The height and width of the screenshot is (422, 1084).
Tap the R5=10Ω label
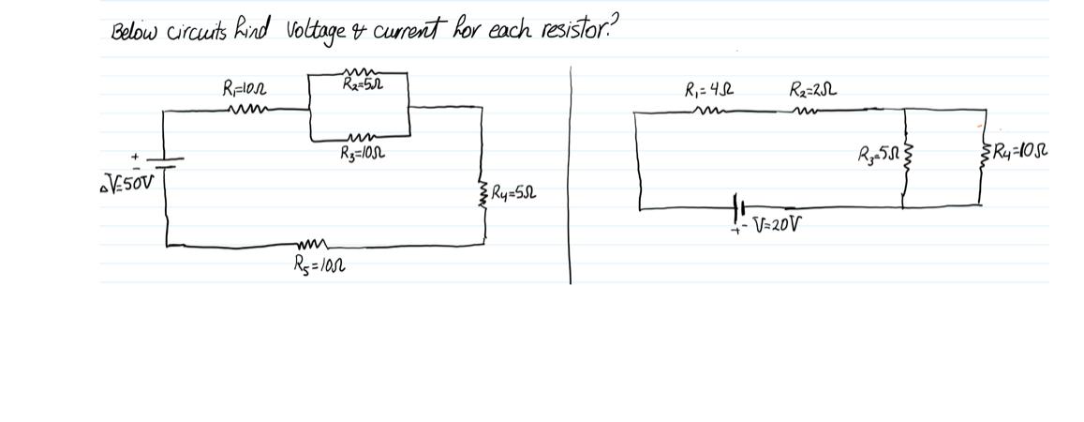(319, 264)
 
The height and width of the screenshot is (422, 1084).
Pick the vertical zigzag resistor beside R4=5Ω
(483, 195)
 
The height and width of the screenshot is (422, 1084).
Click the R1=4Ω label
(709, 92)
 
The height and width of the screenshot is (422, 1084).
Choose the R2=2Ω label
(812, 91)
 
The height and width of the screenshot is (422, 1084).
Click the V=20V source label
(779, 223)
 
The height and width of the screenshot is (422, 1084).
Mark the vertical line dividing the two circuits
(570, 169)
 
